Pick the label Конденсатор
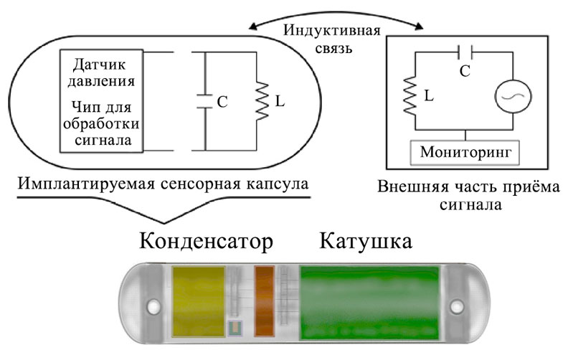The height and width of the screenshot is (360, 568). pyautogui.click(x=206, y=240)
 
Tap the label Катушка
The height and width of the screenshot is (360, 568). pyautogui.click(x=366, y=240)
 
